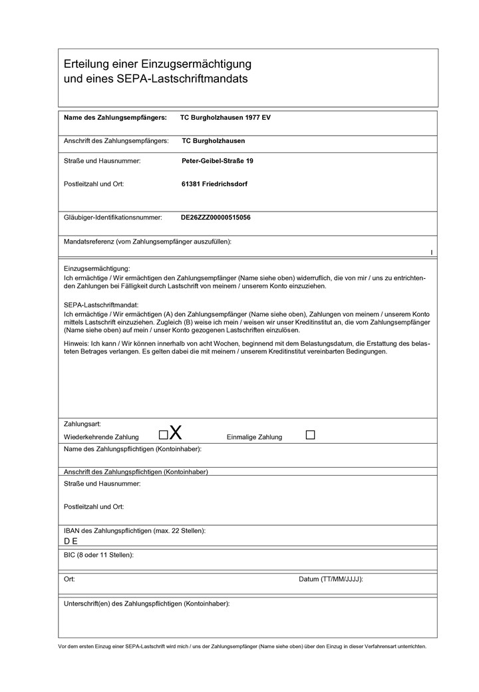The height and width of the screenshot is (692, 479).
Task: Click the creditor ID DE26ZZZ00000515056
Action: (x=216, y=217)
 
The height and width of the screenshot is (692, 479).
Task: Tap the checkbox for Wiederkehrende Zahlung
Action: (x=163, y=435)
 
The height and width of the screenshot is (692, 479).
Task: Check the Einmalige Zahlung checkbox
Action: (x=310, y=434)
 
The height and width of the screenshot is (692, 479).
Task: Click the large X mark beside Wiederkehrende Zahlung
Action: (x=176, y=433)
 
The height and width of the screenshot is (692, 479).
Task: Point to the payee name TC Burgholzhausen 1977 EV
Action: (x=226, y=117)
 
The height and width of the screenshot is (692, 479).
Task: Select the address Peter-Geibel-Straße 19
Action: (x=218, y=161)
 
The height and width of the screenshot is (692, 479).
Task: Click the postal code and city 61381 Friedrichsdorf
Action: (x=214, y=184)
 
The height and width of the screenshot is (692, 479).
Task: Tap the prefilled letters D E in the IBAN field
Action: (x=71, y=541)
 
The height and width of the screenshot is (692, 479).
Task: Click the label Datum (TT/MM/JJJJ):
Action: (x=331, y=579)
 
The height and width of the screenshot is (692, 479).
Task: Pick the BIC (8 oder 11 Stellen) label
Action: (x=98, y=554)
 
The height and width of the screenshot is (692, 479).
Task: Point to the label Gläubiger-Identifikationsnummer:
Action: (x=113, y=217)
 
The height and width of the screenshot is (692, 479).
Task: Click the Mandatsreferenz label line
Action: (x=147, y=241)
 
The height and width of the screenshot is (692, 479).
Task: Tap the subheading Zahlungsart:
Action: (x=82, y=423)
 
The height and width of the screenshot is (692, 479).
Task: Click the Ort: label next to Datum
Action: (x=69, y=579)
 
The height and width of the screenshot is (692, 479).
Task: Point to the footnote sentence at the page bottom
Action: (x=242, y=646)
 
